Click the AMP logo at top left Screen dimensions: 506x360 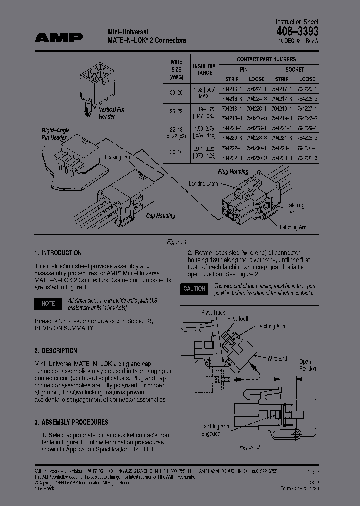coord(59,37)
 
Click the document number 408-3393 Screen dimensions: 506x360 coord(297,31)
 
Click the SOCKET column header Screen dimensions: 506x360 coord(294,69)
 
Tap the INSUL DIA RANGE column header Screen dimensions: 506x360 coord(203,69)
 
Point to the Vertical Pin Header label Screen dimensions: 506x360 coord(107,113)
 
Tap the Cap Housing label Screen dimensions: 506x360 coord(160,216)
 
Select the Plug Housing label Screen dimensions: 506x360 coord(233,172)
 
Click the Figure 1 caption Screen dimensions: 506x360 coord(176,242)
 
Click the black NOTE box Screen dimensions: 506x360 coord(48,304)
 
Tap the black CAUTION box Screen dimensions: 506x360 coord(194,289)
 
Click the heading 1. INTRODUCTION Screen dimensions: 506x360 coord(58,253)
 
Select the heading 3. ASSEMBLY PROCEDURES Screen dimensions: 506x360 coord(71,422)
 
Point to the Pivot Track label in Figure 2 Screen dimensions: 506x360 coord(213,312)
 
